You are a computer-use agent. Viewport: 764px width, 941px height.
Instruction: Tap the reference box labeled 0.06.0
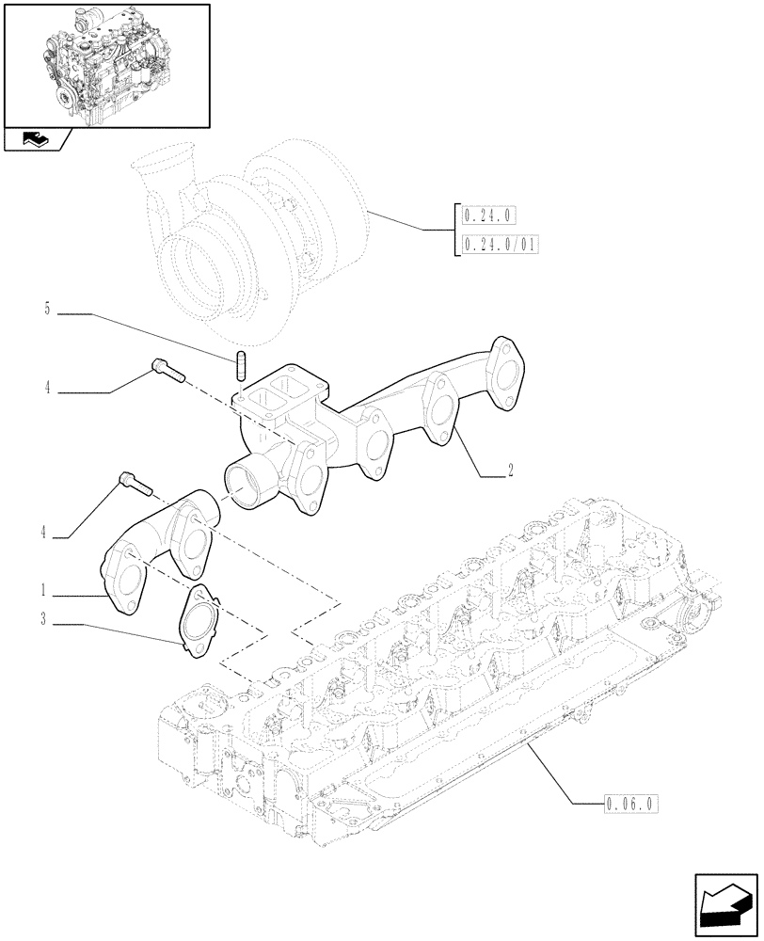click(x=628, y=804)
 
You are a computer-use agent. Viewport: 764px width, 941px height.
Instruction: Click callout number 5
click(x=47, y=309)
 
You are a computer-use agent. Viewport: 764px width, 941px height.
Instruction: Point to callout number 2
click(x=509, y=472)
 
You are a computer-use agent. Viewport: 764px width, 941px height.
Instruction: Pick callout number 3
click(x=43, y=619)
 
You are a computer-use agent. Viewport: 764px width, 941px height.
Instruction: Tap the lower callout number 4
click(x=43, y=533)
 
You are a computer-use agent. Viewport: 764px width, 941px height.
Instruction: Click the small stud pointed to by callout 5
click(x=242, y=364)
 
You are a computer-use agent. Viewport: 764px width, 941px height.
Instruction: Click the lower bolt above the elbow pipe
click(x=133, y=482)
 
